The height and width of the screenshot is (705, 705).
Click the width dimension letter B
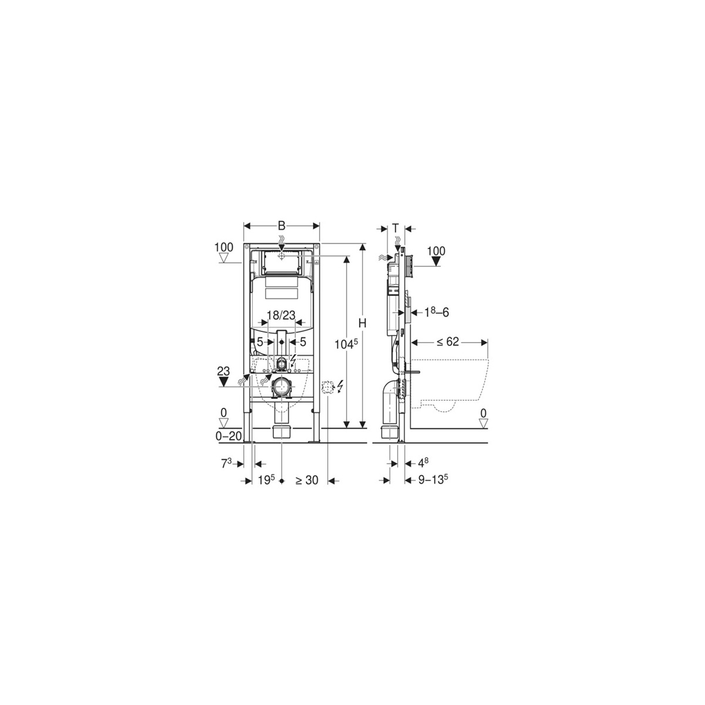(281, 226)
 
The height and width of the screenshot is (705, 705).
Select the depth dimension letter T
(395, 229)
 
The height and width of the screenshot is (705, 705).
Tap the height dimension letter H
(362, 323)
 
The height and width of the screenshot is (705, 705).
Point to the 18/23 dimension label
(281, 315)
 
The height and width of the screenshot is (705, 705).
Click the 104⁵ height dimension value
(345, 344)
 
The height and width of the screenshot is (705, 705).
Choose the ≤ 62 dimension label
(448, 342)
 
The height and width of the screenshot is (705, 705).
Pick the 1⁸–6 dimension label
(437, 313)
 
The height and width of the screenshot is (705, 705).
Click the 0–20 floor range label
(229, 436)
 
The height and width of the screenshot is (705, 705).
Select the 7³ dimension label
(226, 464)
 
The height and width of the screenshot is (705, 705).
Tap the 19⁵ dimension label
(266, 480)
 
